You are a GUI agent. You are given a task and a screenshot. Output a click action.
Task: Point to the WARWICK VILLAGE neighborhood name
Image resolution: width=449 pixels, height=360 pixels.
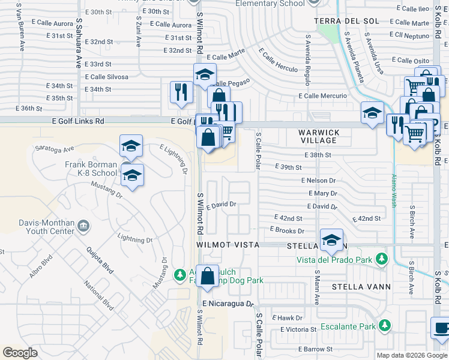coord(319,136)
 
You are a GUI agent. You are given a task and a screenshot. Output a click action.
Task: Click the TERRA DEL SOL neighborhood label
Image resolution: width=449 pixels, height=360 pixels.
coord(347,21)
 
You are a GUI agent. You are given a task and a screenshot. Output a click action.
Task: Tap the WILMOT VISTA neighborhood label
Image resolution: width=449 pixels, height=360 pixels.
coord(228,245)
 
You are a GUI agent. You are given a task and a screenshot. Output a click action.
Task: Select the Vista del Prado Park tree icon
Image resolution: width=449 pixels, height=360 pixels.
coord(380,259)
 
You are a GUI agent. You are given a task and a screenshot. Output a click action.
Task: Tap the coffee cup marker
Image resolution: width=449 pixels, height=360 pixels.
coord(441,328)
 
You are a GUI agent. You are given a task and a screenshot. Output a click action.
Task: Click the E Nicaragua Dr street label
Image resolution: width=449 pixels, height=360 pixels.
coord(230,304)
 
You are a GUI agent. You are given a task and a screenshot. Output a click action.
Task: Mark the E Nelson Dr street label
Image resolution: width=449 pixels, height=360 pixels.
coord(319,180)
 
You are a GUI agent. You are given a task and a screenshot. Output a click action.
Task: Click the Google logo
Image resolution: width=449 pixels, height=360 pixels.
coord(20,352)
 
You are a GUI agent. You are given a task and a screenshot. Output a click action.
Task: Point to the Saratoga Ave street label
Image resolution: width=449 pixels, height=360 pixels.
coord(55,148)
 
